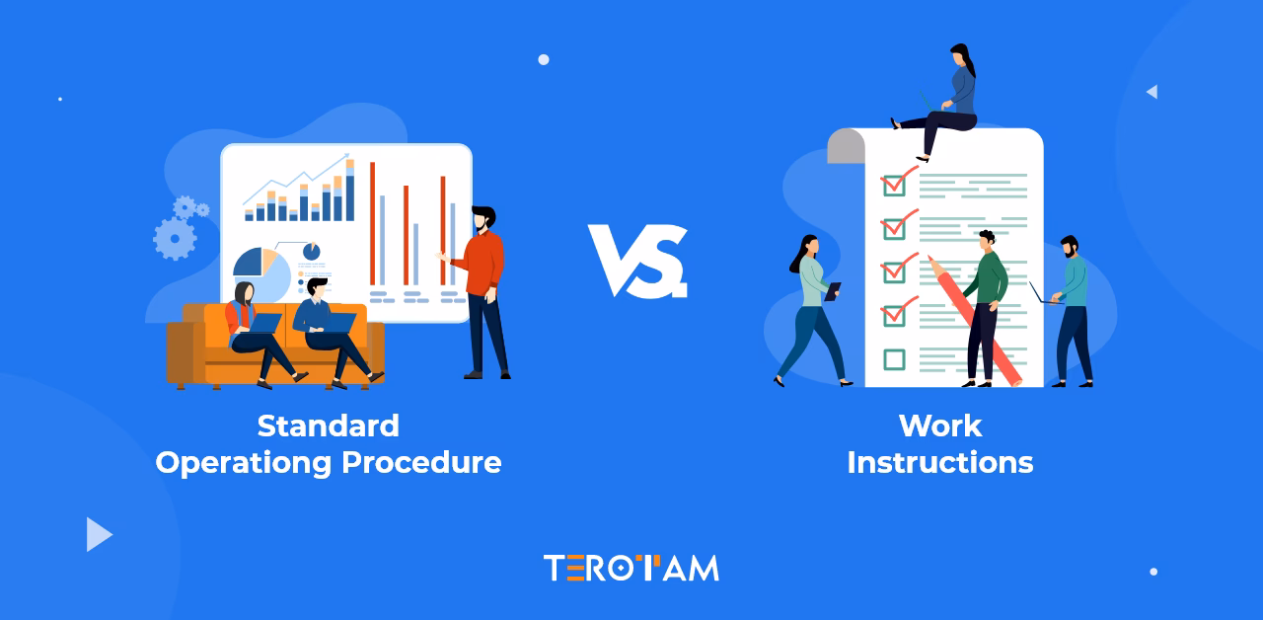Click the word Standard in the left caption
[328, 426]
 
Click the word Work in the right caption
[940, 426]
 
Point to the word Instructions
[940, 462]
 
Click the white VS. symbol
[637, 262]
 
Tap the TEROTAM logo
[631, 568]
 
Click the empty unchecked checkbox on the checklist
[894, 359]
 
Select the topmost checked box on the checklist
[894, 185]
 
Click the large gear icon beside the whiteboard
[175, 238]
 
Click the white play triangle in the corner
[98, 534]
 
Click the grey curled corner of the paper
[846, 147]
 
